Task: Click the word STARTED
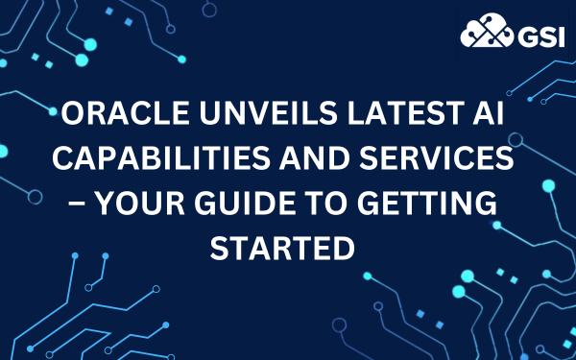[288, 247]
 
